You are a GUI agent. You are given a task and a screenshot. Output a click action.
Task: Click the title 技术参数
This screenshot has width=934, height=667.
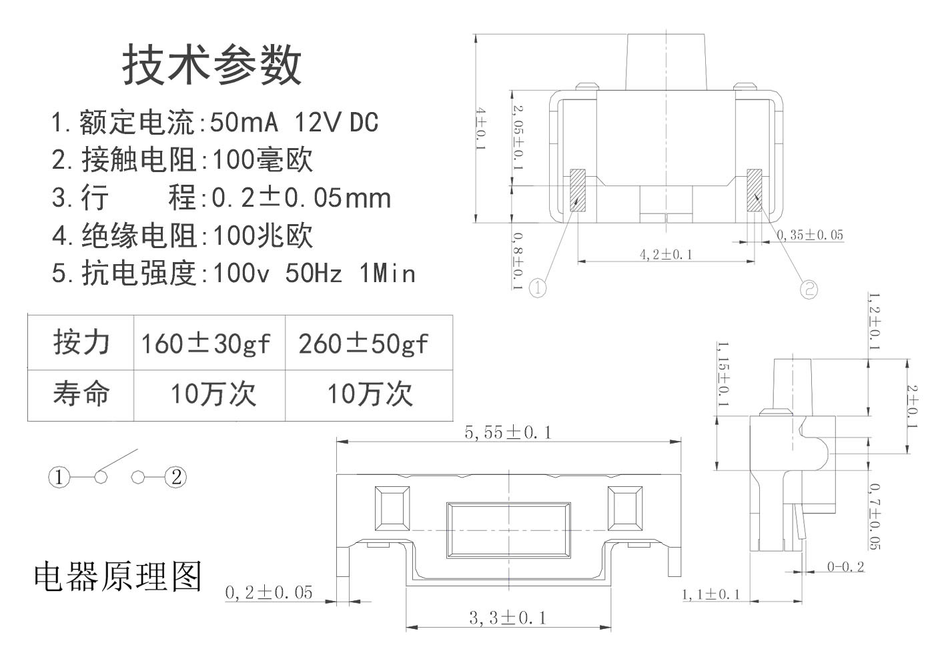pyautogui.click(x=212, y=65)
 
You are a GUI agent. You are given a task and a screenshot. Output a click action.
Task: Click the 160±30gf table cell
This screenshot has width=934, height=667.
pyautogui.click(x=205, y=344)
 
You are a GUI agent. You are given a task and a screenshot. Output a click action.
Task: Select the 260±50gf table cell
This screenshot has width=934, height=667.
pyautogui.click(x=364, y=344)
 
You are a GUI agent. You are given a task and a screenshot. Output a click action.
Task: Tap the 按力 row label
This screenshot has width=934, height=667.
pyautogui.click(x=81, y=342)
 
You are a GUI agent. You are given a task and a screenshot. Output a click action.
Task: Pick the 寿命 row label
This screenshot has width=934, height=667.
pyautogui.click(x=81, y=394)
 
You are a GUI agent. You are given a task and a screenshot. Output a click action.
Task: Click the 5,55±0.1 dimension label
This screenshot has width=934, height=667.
pyautogui.click(x=508, y=433)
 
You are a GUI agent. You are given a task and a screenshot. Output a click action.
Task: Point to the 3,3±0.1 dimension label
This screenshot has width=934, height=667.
pyautogui.click(x=508, y=618)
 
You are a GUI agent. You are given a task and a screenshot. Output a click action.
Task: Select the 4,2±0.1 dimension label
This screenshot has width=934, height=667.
pyautogui.click(x=666, y=254)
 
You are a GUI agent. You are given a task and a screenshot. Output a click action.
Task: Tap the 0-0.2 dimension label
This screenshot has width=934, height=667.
pyautogui.click(x=845, y=567)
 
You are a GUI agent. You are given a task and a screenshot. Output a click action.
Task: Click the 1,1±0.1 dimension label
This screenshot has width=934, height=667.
pyautogui.click(x=711, y=594)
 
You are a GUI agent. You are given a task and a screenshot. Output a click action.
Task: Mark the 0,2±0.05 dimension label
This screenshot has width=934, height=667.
pyautogui.click(x=269, y=592)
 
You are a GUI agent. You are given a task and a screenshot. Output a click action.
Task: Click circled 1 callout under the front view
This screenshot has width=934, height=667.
pyautogui.click(x=538, y=288)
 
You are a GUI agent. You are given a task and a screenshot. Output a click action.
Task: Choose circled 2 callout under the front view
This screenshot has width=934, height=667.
pyautogui.click(x=809, y=289)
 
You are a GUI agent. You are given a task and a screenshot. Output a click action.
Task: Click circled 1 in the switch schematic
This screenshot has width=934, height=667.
pyautogui.click(x=59, y=477)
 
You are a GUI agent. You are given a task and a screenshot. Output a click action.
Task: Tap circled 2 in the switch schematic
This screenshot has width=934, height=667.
pyautogui.click(x=177, y=477)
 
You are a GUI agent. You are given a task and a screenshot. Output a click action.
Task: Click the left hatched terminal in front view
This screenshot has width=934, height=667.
pyautogui.click(x=577, y=191)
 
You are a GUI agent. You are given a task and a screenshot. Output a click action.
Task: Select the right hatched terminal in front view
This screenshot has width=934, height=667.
pyautogui.click(x=755, y=191)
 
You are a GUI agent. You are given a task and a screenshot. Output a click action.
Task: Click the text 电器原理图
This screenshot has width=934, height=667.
pyautogui.click(x=117, y=576)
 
